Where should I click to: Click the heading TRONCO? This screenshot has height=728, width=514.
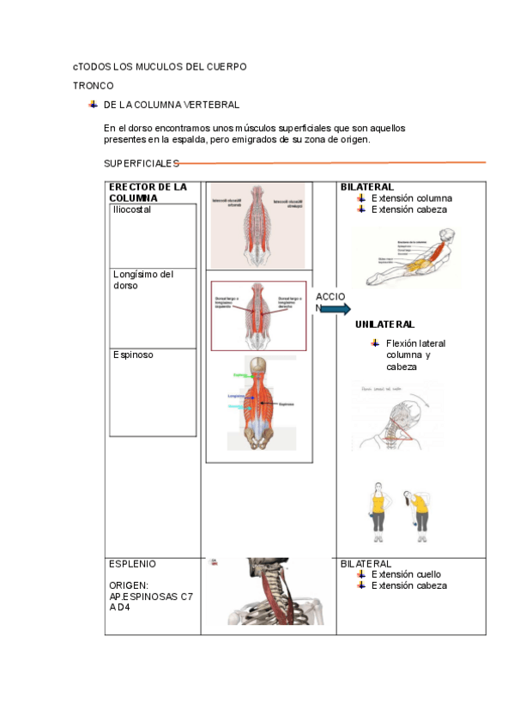93,86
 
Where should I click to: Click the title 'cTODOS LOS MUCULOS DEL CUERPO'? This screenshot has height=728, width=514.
160,66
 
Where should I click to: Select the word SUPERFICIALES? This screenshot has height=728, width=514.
141,163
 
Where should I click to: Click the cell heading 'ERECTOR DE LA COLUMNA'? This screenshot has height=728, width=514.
147,192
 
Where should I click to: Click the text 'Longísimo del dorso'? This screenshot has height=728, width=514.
142,280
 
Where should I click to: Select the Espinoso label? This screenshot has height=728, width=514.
133,355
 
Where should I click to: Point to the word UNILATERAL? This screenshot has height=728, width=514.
384,325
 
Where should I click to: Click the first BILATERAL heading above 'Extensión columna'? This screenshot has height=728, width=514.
366,186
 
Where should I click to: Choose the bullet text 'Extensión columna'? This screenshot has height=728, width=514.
411,198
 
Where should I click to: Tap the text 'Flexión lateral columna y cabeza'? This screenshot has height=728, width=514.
415,355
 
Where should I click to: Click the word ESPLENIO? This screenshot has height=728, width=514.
132,564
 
